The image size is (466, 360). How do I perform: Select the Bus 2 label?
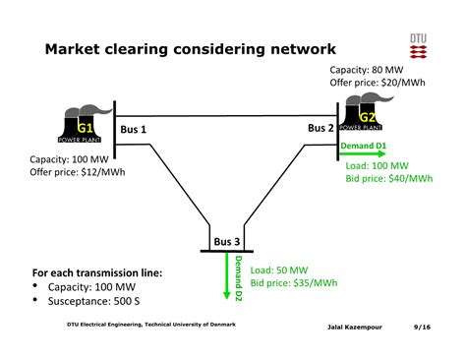coord(320,128)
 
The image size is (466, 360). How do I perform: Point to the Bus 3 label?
coord(226,242)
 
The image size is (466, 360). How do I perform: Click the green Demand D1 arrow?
coord(363,154)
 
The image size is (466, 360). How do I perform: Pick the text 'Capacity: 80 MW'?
coord(367,70)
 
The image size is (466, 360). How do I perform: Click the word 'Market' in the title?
coord(82,49)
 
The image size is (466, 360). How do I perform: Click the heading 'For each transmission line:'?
coord(97,272)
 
